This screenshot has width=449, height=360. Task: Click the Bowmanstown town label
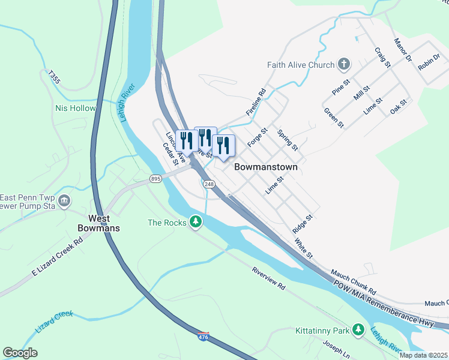click(x=265, y=167)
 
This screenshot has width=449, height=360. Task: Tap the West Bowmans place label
click(x=98, y=223)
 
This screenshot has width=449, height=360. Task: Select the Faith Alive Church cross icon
click(x=344, y=64)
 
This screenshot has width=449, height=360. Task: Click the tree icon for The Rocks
click(x=195, y=223)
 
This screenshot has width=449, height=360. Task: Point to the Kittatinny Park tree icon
click(x=358, y=330)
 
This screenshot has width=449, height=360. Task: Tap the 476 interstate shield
click(x=203, y=337)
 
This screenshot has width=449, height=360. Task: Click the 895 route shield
click(x=156, y=179)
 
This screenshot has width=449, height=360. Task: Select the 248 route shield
click(x=209, y=184)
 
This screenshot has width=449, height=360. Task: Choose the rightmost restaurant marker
click(x=223, y=145)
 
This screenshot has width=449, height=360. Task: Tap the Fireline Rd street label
click(x=256, y=103)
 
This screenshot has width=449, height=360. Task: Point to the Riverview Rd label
click(x=268, y=279)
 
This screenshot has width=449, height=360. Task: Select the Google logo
click(x=20, y=353)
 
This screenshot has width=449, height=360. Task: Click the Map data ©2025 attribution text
click(x=423, y=355)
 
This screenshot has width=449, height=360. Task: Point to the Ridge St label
click(x=303, y=224)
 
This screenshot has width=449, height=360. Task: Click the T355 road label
click(x=55, y=76)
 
